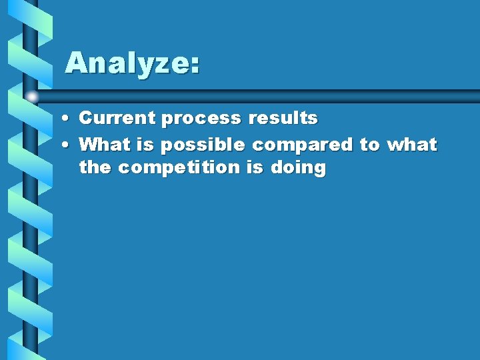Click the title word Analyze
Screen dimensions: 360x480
point(127,64)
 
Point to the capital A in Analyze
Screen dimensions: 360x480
point(77,63)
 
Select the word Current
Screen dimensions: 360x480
point(117,118)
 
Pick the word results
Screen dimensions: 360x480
point(283,118)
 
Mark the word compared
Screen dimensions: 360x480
point(302,145)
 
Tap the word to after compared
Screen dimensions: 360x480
point(369,144)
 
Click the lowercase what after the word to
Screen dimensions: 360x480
point(412,144)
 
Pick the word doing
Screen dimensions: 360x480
point(298,168)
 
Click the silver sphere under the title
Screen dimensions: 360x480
point(32,96)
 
